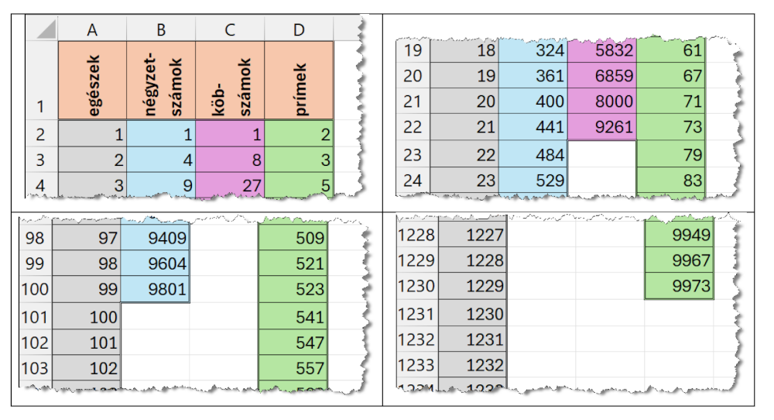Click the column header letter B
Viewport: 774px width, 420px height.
point(161,29)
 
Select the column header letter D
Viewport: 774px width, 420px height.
point(299,29)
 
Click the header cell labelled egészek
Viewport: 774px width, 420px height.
point(92,80)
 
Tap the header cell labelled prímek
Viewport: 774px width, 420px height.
point(299,80)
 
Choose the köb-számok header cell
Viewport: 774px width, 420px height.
point(230,80)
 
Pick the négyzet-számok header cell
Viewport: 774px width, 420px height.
point(161,80)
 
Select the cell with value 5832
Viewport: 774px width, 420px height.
point(601,51)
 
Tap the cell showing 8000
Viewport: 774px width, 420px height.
point(601,102)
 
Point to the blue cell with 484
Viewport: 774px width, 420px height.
point(533,154)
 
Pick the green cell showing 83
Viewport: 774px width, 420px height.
point(670,181)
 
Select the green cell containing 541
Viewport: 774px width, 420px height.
point(293,317)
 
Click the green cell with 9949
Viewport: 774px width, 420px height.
point(679,234)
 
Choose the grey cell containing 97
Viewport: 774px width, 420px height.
point(87,238)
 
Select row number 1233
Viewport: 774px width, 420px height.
point(415,364)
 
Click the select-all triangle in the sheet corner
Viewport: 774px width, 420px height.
point(43,29)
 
